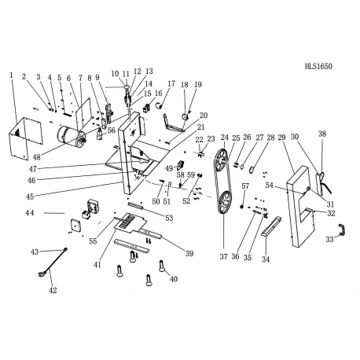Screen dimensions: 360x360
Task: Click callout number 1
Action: pos(12,75)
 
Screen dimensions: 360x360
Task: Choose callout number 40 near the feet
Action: pos(174,279)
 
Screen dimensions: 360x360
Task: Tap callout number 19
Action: pos(198,84)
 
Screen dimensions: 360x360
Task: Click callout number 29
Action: pos(282,138)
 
